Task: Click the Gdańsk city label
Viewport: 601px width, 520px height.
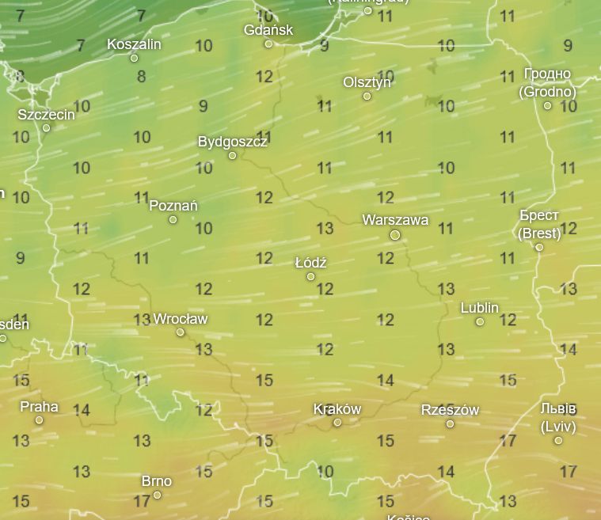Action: (x=268, y=30)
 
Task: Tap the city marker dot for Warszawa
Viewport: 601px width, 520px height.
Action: (x=395, y=235)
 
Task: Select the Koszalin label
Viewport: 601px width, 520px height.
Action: (x=134, y=44)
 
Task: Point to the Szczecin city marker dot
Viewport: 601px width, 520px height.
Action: (x=46, y=128)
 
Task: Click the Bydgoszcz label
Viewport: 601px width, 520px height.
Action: (x=232, y=142)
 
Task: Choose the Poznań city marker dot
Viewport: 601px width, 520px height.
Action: (x=173, y=219)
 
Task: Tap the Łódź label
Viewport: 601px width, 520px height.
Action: (x=310, y=262)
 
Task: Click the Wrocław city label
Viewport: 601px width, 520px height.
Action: (x=180, y=319)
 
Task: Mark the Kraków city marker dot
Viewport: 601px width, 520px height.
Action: (x=337, y=423)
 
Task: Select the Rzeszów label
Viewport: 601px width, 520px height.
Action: (x=450, y=410)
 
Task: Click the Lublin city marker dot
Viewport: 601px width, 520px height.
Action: (x=480, y=322)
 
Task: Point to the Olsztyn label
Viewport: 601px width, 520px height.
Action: (x=367, y=82)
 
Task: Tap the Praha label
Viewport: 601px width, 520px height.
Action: (x=39, y=407)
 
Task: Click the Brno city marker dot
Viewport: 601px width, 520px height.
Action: (x=157, y=495)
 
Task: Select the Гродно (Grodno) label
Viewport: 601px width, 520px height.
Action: (x=547, y=82)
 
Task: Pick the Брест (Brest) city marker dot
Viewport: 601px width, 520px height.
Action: (x=539, y=248)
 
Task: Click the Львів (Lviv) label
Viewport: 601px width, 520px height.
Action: (x=557, y=418)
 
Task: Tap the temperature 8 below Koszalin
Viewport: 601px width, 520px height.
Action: (x=142, y=77)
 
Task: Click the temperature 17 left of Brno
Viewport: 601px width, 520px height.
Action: (x=142, y=501)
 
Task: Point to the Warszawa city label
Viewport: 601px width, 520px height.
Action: (x=395, y=220)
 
